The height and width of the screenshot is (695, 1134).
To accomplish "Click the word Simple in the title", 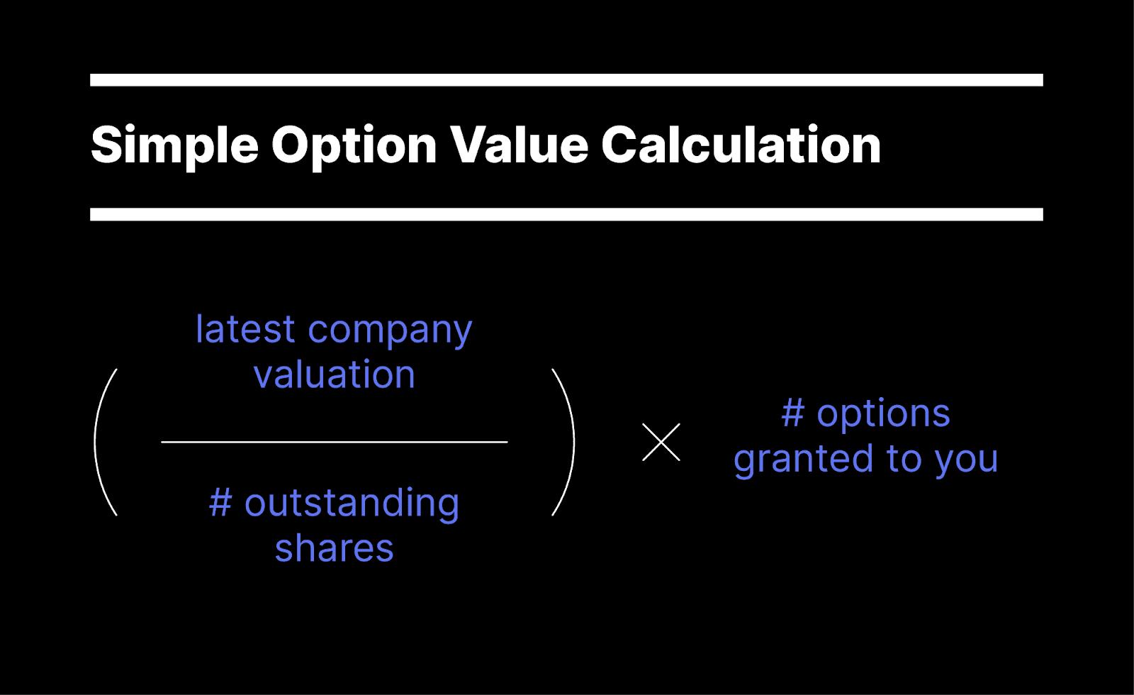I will click(x=174, y=145).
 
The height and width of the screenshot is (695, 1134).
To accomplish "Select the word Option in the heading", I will click(x=354, y=145).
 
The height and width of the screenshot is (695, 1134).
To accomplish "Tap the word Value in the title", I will click(x=520, y=145).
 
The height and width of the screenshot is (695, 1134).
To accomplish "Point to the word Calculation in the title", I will click(x=741, y=145).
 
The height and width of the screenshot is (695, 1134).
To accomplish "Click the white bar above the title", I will click(x=566, y=79).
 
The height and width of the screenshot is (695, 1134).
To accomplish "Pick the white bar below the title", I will click(x=566, y=214).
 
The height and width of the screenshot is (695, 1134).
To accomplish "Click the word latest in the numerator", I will click(x=245, y=330).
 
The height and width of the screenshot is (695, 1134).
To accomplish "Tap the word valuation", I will click(x=335, y=374).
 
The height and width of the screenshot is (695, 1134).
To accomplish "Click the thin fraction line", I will click(x=335, y=442).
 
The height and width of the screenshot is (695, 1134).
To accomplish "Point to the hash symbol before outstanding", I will click(x=220, y=503).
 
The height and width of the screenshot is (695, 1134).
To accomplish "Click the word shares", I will click(x=335, y=548).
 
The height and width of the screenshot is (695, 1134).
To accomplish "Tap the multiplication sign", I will click(x=661, y=442).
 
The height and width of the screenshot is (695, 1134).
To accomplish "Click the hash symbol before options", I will click(x=793, y=413).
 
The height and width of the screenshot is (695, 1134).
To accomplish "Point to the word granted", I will click(x=803, y=460).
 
